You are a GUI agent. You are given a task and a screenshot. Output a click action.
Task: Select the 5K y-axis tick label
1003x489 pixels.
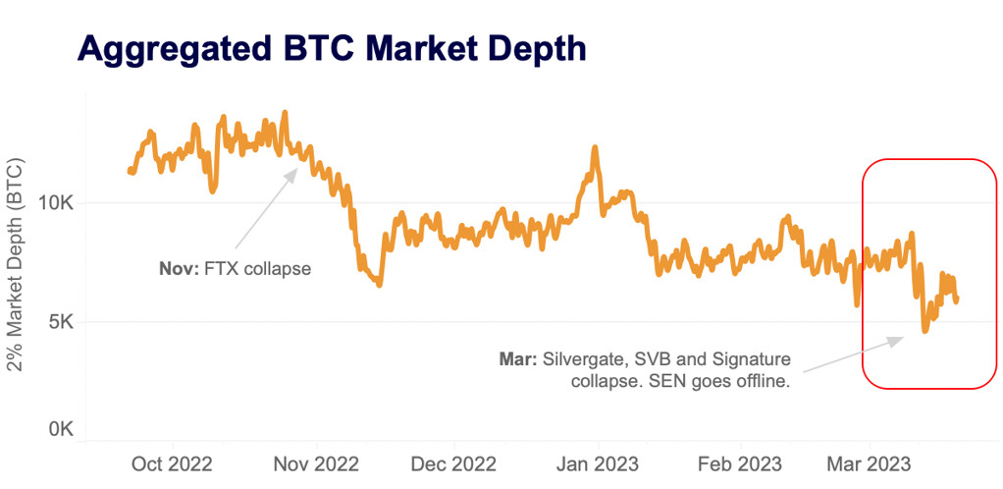tap(62, 322)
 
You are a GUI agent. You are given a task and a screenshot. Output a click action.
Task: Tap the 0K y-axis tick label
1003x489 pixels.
tap(62, 429)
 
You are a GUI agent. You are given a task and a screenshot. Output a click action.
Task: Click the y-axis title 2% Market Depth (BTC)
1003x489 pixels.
tap(17, 265)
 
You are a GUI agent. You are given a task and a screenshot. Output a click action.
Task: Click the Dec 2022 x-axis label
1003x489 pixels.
tap(454, 462)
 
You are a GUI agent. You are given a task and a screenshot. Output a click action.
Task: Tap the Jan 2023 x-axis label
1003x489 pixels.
tap(596, 462)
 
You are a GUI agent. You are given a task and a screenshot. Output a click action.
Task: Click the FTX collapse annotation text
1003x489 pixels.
tap(257, 267)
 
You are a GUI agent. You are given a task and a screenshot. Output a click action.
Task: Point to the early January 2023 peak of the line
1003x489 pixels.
tap(595, 147)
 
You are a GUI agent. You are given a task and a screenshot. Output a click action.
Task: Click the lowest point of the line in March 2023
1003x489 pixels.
tap(924, 331)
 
